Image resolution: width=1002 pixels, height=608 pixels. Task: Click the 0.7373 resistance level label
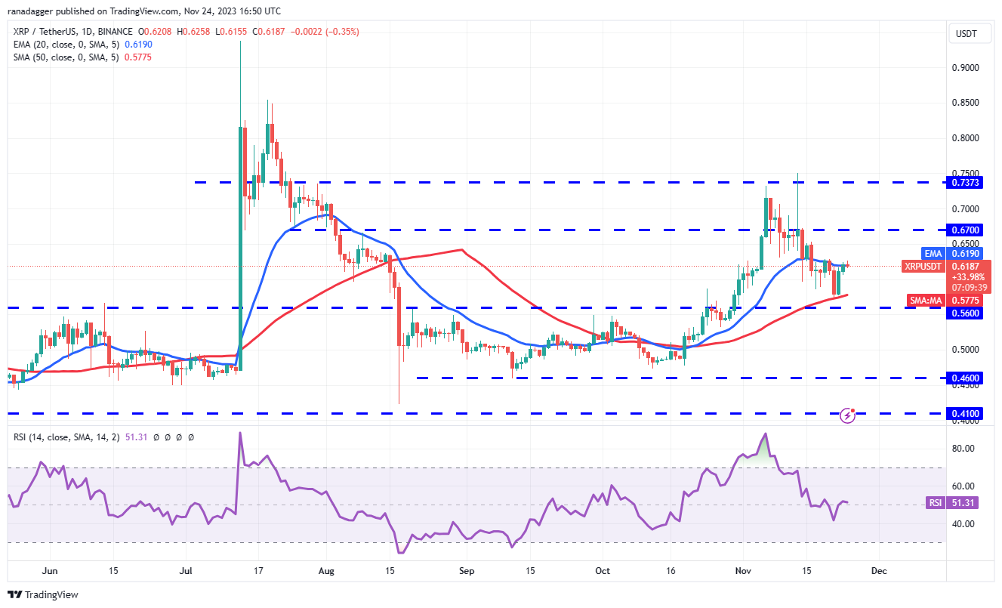point(967,182)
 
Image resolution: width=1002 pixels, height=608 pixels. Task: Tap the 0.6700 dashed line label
point(967,230)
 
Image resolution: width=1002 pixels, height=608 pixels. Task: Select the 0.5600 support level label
point(967,313)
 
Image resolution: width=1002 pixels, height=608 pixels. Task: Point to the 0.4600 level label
point(967,378)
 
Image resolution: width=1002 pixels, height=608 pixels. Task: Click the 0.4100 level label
point(967,414)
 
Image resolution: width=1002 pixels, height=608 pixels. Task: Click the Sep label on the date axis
point(467,572)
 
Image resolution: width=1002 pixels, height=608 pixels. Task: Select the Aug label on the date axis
point(326,572)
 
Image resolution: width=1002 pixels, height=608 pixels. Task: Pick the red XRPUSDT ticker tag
point(923,266)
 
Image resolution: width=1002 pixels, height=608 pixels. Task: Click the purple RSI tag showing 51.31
point(934,502)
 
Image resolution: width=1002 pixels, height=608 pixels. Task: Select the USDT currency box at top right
point(967,33)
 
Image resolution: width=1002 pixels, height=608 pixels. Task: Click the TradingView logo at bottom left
point(44,594)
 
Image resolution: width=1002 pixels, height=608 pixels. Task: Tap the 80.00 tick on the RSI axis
point(964,449)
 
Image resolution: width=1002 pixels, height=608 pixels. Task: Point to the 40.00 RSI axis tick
point(964,523)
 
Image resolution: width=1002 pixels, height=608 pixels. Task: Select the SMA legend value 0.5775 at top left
point(140,57)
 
